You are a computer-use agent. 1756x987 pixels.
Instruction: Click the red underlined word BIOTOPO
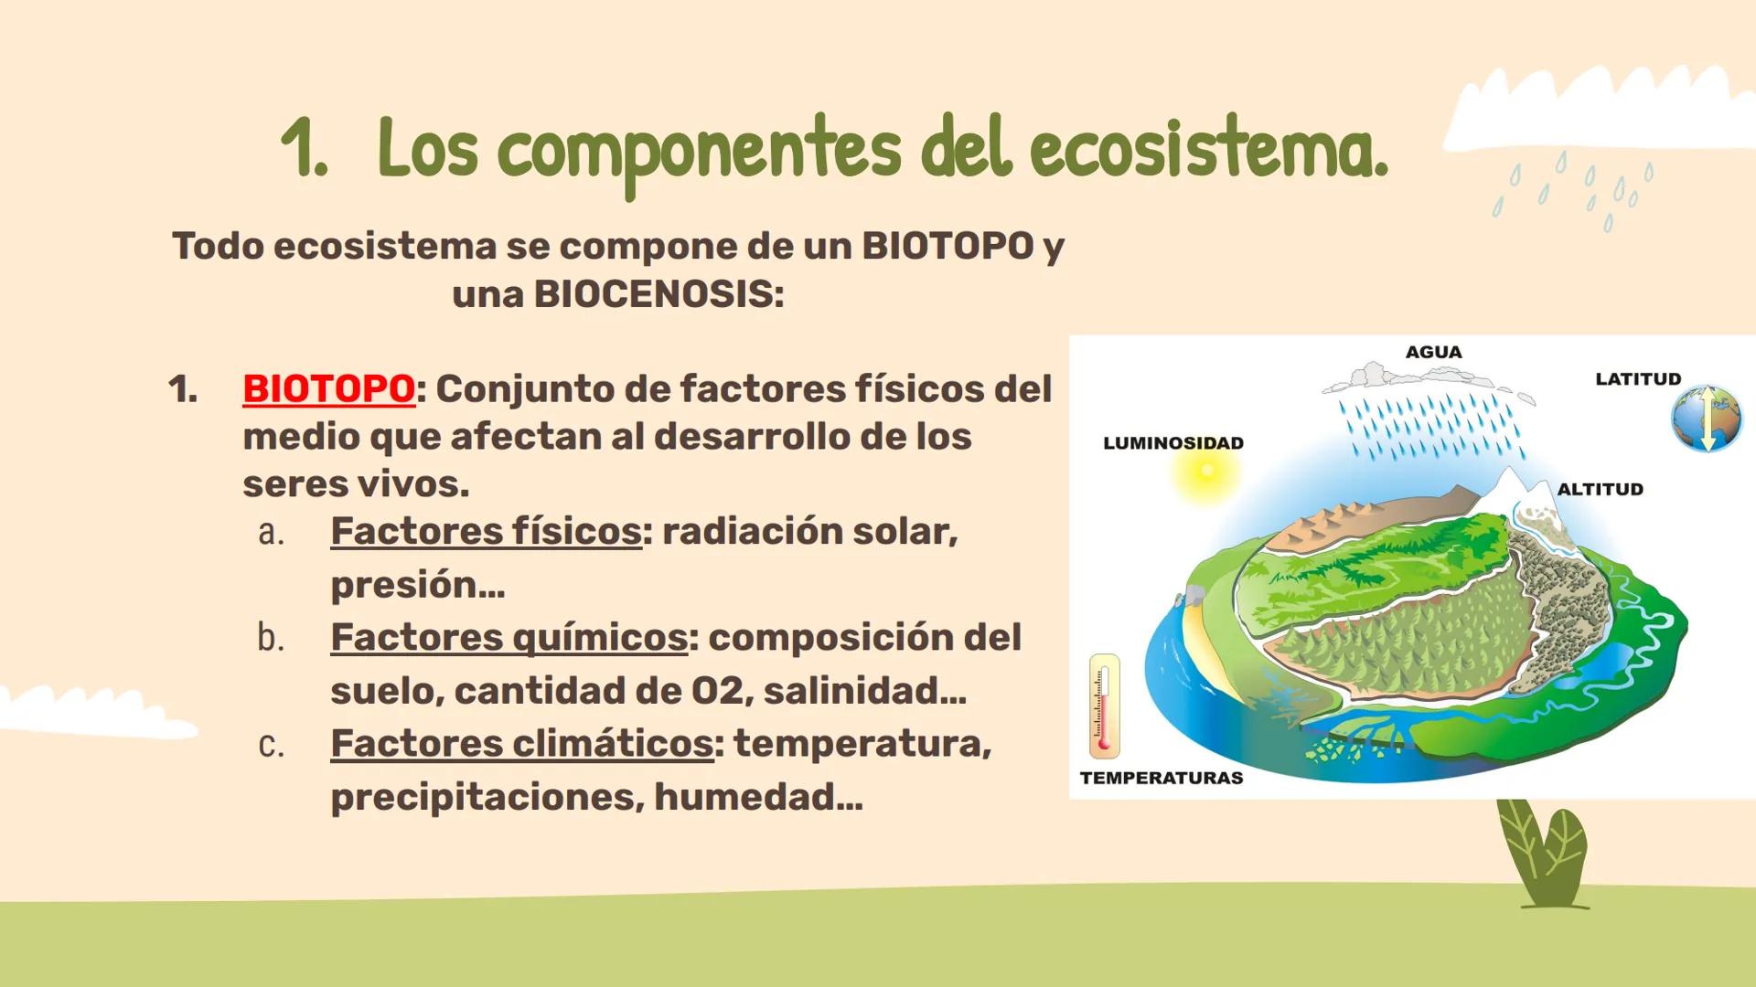tap(328, 389)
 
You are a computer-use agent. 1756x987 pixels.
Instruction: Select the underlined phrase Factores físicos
tap(486, 531)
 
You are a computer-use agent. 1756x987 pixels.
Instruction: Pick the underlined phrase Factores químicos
tap(509, 637)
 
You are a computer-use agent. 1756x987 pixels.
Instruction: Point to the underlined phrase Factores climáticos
tap(521, 743)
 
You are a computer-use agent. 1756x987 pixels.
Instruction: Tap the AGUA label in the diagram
tap(1433, 352)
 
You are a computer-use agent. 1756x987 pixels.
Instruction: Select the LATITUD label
tap(1638, 379)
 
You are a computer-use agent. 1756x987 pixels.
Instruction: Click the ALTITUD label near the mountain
tap(1600, 489)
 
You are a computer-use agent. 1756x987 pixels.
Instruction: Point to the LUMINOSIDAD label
tap(1172, 443)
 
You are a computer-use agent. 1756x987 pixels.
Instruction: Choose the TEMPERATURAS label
tap(1162, 778)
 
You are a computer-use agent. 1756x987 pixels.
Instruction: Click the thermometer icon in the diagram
tap(1104, 706)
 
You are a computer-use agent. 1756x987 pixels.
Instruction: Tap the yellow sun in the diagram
tap(1206, 472)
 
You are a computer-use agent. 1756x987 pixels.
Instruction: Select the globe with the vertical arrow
tap(1706, 419)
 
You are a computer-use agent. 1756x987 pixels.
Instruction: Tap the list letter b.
tap(270, 638)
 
